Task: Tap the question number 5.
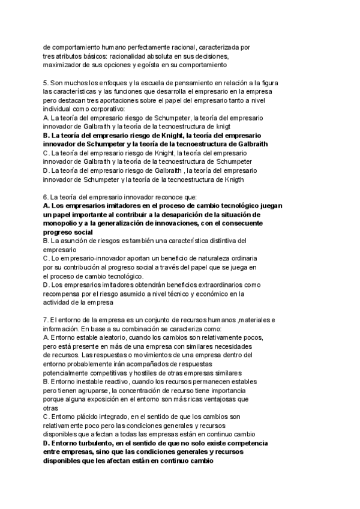(x=46, y=82)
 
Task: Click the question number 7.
(x=46, y=320)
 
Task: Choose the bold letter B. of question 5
(x=47, y=136)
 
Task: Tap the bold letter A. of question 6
(x=47, y=206)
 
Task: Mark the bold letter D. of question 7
(x=47, y=444)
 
